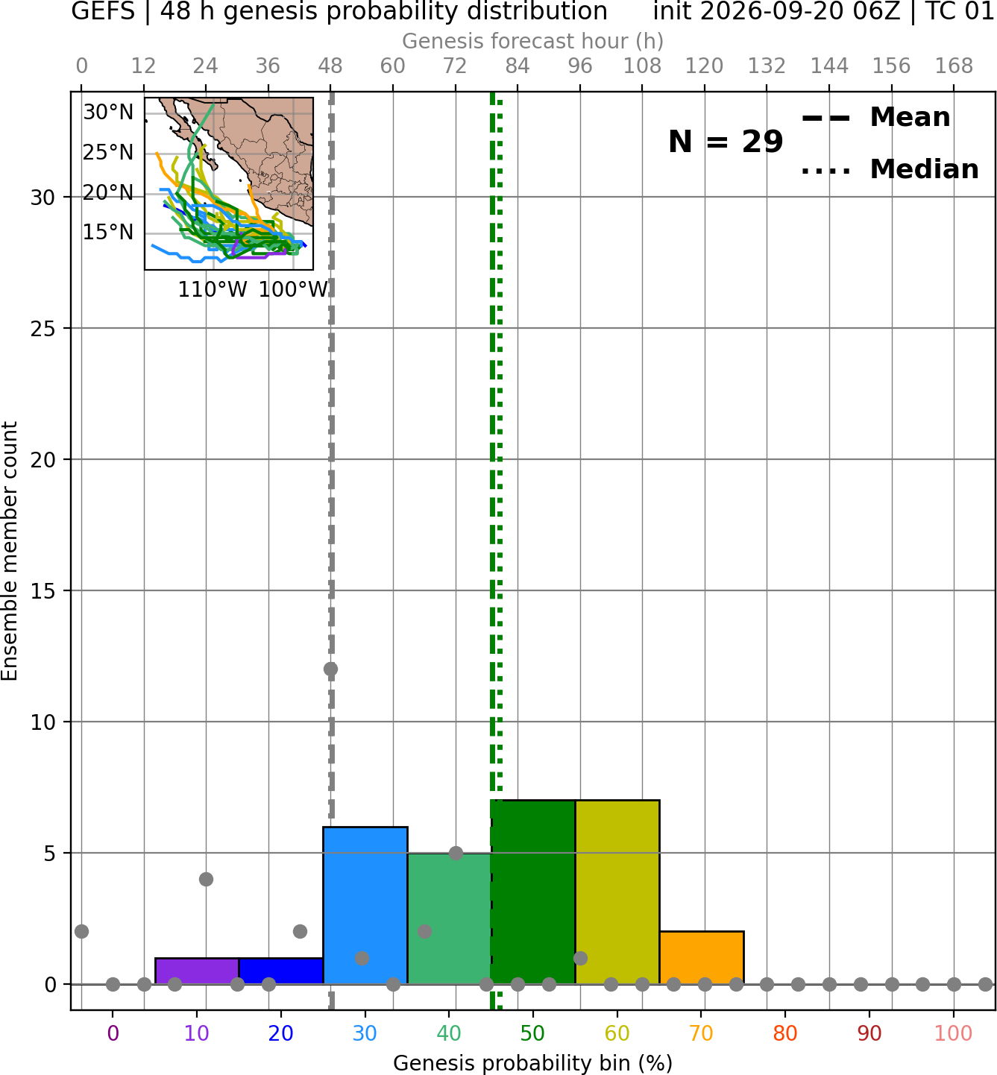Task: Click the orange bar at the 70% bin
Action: tap(701, 957)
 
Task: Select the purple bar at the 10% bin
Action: tap(197, 971)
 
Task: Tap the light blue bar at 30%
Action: tap(365, 905)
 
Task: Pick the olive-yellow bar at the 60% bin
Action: tap(617, 892)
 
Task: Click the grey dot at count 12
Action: tap(330, 669)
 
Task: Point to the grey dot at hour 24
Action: tap(206, 879)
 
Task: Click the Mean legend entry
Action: tap(875, 118)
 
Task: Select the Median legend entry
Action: tap(890, 169)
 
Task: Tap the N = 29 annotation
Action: tap(726, 142)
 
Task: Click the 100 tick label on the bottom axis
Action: tap(953, 1033)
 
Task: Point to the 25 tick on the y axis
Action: tap(43, 329)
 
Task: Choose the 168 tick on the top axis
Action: tap(954, 66)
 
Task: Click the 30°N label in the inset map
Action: tap(108, 113)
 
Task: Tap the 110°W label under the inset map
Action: tap(213, 289)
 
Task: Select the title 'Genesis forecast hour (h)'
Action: tap(532, 41)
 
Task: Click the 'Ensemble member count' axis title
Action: tap(9, 551)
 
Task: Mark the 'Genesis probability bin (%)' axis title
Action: tap(532, 1063)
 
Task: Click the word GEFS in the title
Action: tap(103, 11)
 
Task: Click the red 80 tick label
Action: tap(785, 1033)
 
